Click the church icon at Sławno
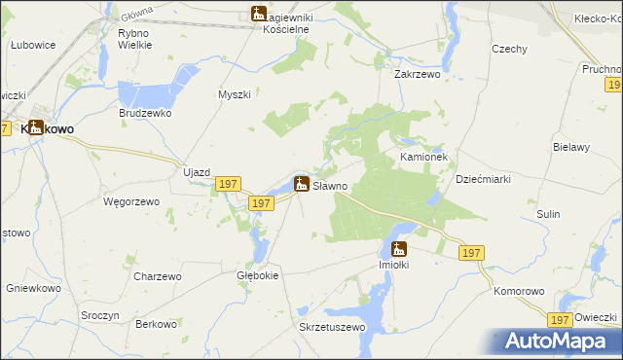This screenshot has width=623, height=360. click(303, 183)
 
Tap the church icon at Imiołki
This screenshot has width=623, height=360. click(399, 248)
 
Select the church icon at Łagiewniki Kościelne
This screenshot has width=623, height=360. click(258, 14)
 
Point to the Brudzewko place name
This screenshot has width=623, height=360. click(145, 113)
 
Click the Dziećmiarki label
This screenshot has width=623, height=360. click(484, 179)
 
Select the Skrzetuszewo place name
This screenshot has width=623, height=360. click(332, 327)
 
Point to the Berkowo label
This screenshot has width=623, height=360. click(156, 323)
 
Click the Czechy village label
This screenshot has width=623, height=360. click(509, 50)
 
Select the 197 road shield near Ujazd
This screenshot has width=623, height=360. click(228, 183)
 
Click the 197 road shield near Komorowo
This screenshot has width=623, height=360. click(559, 319)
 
